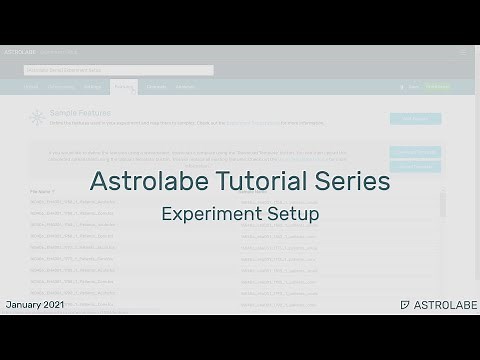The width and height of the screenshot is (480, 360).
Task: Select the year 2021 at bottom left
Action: (x=54, y=303)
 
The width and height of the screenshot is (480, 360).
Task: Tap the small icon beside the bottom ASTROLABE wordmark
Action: (x=404, y=303)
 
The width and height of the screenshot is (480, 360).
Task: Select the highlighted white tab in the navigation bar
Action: (x=124, y=88)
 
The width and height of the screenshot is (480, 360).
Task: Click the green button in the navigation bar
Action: (x=437, y=88)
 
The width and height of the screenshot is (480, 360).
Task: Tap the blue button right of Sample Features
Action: (x=414, y=118)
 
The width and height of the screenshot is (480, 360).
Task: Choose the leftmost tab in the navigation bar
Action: (x=31, y=88)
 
